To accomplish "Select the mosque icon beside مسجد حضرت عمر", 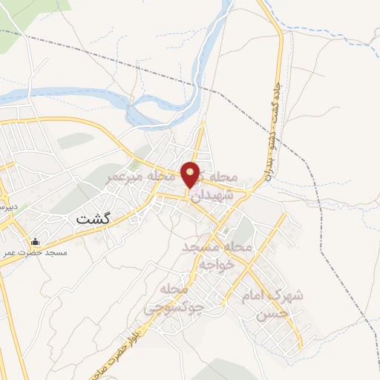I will pyautogui.click(x=35, y=242).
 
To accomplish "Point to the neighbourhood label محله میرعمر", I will pyautogui.click(x=134, y=177).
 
